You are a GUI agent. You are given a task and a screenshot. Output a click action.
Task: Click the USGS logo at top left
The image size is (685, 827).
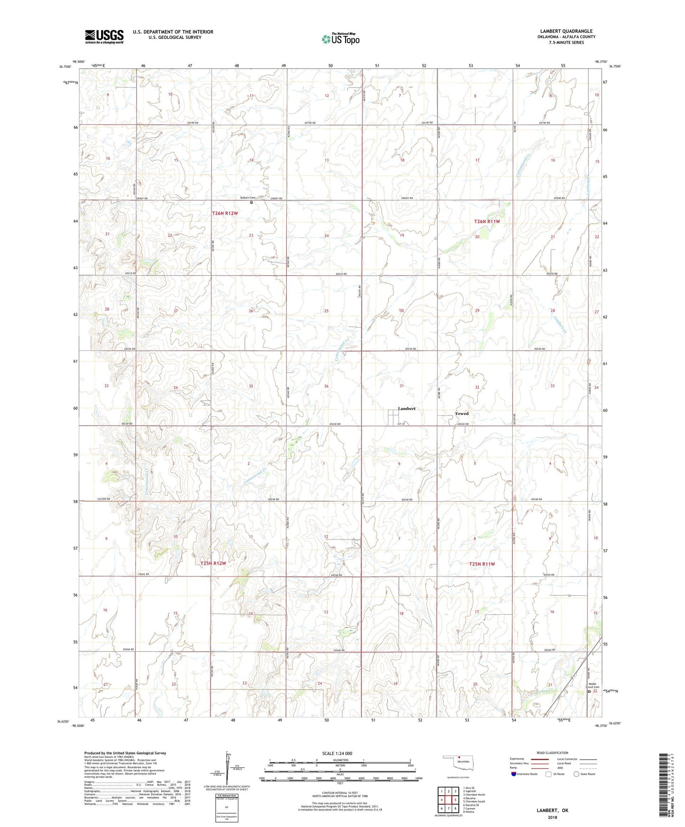click(x=104, y=36)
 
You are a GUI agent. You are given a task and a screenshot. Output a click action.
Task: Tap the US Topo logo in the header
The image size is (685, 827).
click(x=340, y=39)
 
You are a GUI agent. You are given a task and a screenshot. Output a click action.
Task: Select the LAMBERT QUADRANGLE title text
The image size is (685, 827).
click(x=566, y=31)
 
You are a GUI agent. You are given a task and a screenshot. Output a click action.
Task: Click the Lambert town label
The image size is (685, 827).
click(x=406, y=408)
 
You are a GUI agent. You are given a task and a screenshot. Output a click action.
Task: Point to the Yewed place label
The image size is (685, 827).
click(x=461, y=413)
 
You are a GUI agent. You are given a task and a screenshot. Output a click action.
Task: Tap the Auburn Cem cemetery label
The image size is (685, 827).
click(x=246, y=198)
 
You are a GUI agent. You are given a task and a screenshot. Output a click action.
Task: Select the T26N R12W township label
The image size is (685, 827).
click(x=225, y=214)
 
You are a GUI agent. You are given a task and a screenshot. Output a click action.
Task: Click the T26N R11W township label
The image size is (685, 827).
click(x=487, y=221)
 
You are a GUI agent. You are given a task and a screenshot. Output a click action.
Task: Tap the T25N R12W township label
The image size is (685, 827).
click(x=213, y=563)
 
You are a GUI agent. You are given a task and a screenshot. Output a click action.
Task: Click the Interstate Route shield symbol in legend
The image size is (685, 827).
click(x=513, y=774)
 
